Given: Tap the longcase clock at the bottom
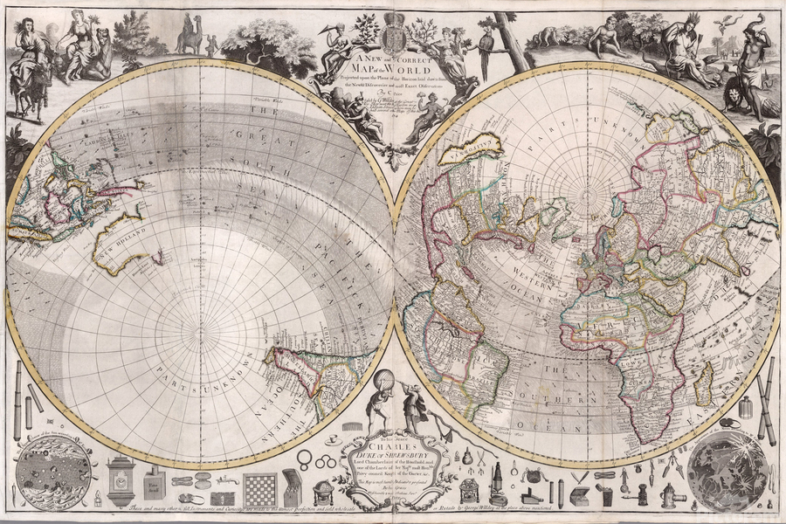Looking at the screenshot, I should tap(121, 480).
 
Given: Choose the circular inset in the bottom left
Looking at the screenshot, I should tap(54, 472).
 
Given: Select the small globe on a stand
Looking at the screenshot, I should tap(324, 493).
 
